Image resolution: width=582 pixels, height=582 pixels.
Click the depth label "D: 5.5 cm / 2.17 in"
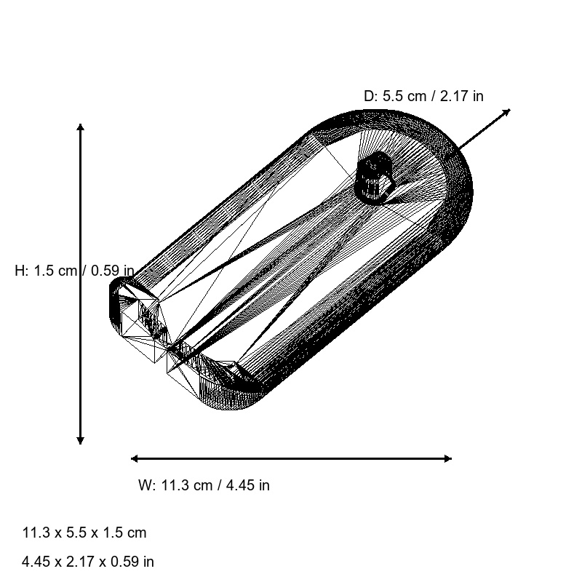coord(423,96)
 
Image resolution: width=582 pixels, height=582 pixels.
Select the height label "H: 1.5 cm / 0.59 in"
coord(74,271)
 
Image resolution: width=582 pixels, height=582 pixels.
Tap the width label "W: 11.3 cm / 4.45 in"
coord(204,485)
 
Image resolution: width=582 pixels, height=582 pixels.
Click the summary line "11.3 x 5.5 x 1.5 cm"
coord(84,533)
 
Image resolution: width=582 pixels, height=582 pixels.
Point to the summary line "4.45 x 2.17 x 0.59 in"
coord(88,562)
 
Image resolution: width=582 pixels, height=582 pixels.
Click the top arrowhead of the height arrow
coord(80,127)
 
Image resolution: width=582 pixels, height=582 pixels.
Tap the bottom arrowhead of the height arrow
coord(80,439)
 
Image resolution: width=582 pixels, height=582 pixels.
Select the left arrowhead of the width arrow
coord(135,458)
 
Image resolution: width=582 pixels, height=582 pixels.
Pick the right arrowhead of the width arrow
coord(447,458)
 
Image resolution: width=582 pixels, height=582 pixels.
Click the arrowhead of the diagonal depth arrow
coord(506,112)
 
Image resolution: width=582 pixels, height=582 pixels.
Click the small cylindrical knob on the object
coord(375,177)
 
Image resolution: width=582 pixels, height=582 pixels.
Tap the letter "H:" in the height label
coord(22,271)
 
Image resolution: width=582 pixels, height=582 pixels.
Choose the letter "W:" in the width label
coord(147,485)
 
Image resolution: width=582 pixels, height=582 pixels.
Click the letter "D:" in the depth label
coord(371,96)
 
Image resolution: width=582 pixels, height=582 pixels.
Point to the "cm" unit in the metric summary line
coord(137,533)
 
